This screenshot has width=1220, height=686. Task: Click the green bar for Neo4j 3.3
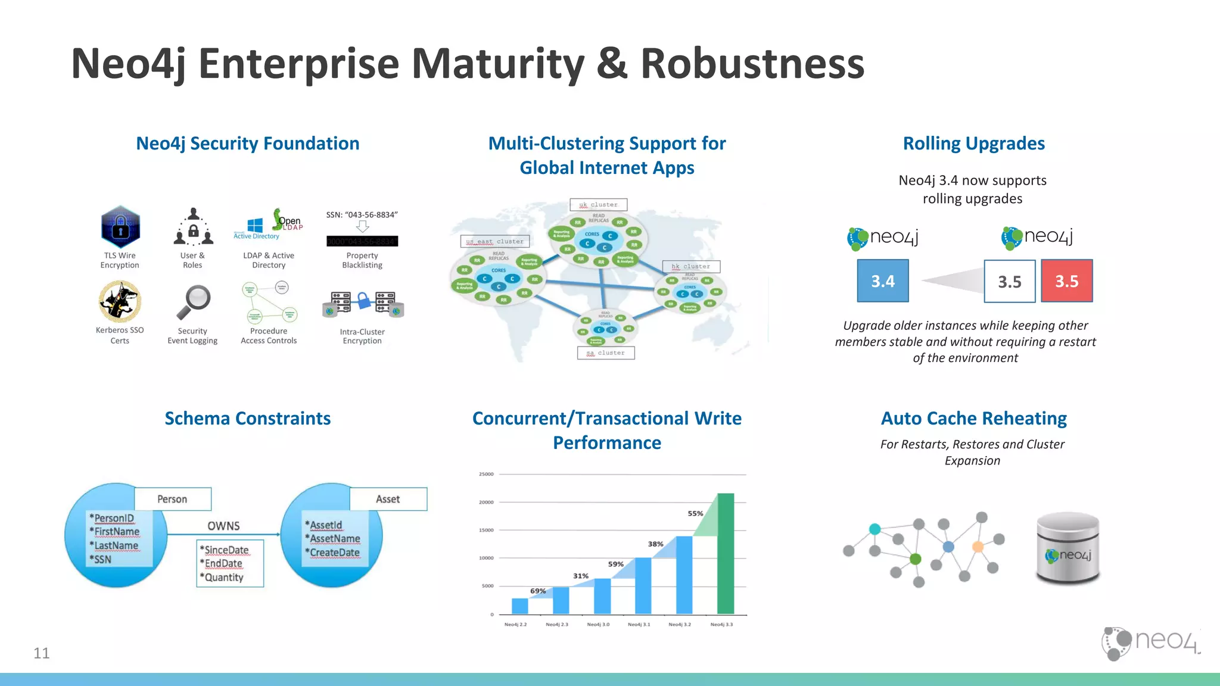point(726,554)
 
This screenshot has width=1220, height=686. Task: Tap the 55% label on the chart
point(695,513)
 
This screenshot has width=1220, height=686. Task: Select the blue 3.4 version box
point(883,281)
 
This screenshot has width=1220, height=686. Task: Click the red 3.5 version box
point(1066,281)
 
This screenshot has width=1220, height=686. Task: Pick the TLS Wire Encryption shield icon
point(120,227)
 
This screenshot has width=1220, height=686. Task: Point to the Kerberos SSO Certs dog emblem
point(120,301)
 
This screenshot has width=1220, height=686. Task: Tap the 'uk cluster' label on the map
point(598,205)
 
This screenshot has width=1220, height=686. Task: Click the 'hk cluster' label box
point(691,267)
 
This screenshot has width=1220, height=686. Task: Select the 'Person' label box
point(173,499)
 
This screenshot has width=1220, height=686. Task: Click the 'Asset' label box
point(388,499)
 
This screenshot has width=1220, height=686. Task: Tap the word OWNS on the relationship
point(223,526)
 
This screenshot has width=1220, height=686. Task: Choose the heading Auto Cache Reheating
point(973,419)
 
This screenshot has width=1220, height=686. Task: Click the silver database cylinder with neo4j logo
point(1067,548)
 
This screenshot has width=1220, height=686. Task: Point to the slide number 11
point(42,653)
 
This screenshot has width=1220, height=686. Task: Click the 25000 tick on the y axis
point(486,475)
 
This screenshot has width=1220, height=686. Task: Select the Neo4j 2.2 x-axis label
point(515,625)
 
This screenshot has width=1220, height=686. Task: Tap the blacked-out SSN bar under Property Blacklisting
point(362,241)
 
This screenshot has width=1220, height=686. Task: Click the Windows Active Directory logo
point(256,226)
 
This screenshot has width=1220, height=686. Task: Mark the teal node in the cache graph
point(874,529)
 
